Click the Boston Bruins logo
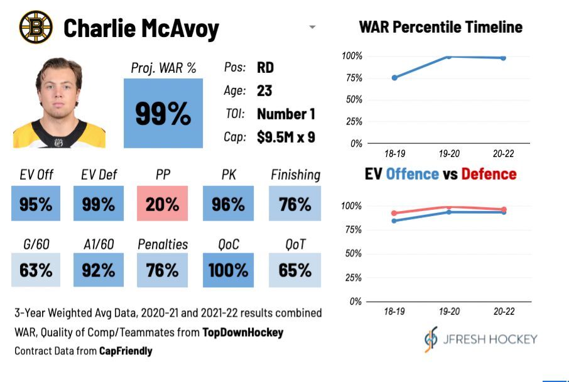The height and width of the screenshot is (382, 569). pos(36,27)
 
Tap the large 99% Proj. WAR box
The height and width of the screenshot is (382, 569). pos(163,113)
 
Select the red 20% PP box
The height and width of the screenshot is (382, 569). pos(163,204)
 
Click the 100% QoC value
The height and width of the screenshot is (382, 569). pos(228,270)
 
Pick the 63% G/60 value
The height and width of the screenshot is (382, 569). pos(36,270)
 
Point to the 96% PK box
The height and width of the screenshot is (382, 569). pos(228,204)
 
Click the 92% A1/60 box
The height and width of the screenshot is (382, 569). pos(99,270)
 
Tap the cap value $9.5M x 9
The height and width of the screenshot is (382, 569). pos(286,137)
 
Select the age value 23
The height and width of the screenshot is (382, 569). pos(264,90)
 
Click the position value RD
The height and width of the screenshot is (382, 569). pos(265,68)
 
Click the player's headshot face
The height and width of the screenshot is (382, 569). pos(58,94)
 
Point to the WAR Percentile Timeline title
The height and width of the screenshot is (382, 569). pos(440,27)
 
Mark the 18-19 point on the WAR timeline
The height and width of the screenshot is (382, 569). pos(394,78)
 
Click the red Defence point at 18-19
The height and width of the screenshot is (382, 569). pos(394,214)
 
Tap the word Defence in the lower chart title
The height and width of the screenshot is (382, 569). pos(489,174)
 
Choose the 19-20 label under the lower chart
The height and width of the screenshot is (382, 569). pos(449,312)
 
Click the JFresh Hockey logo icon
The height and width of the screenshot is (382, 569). pos(431,339)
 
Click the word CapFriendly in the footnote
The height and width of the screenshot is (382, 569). pos(126,351)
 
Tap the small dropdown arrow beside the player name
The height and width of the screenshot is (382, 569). pos(312,28)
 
